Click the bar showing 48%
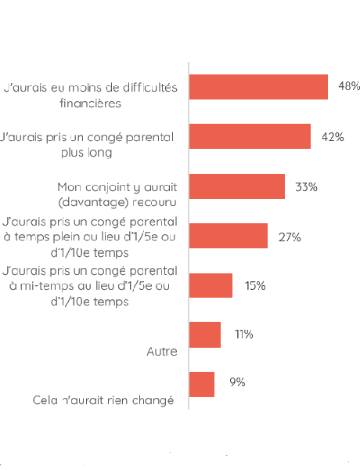point(258,87)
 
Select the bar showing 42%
point(250,136)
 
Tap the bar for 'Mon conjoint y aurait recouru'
point(237,186)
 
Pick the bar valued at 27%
point(229,236)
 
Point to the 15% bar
point(211,285)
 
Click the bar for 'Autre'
point(205,334)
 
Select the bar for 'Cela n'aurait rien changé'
point(202,384)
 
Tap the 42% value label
point(333,136)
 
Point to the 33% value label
point(306,186)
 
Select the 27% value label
point(290,236)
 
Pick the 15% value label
point(255,285)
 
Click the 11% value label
point(243,334)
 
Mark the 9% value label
point(237,382)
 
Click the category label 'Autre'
point(162,352)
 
